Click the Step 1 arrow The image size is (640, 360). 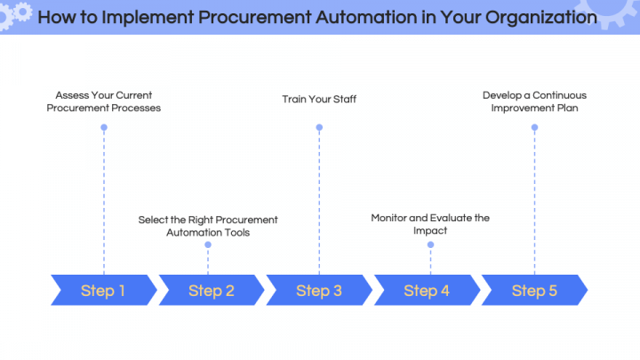(102, 290)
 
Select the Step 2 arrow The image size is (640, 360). (211, 290)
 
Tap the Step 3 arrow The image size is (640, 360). (318, 290)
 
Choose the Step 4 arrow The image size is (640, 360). (427, 290)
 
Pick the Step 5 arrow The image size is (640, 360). (534, 290)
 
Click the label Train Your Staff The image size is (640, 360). (319, 99)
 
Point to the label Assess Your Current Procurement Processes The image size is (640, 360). (104, 101)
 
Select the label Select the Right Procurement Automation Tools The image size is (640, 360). (208, 226)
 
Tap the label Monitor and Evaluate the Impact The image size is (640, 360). (430, 223)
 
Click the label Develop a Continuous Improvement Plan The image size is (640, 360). (535, 101)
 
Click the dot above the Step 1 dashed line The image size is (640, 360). (104, 128)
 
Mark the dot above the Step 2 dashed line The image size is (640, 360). (208, 252)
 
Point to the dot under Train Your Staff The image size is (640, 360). (319, 128)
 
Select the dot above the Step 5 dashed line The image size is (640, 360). (534, 128)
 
